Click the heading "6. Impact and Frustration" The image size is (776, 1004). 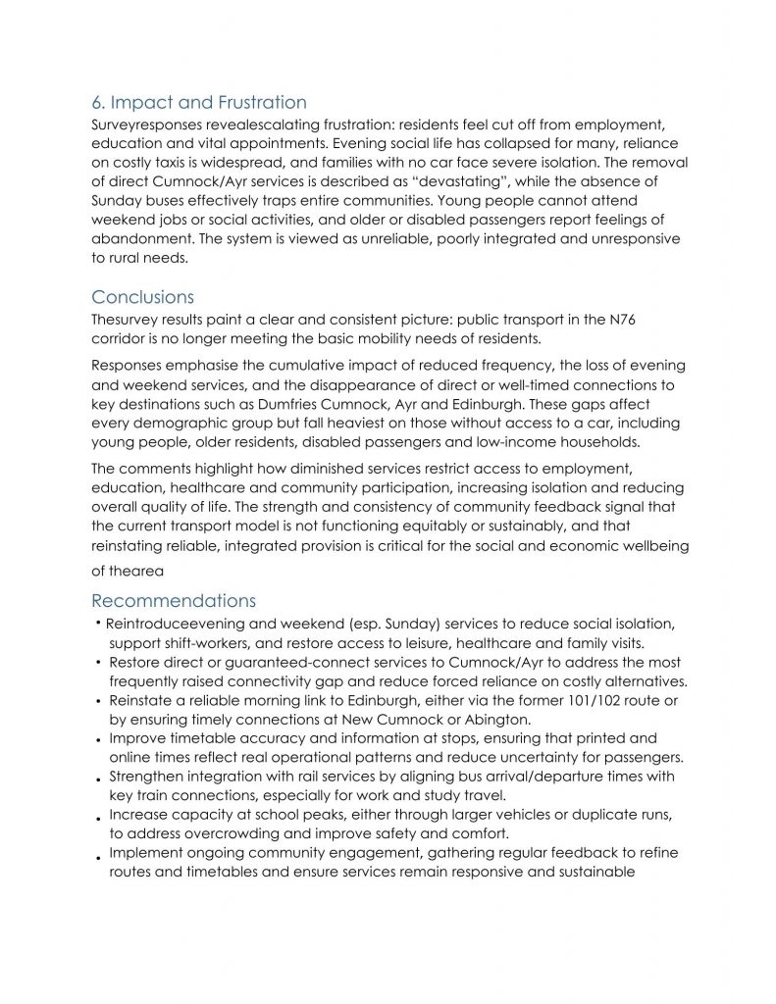pyautogui.click(x=198, y=102)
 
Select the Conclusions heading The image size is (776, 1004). pyautogui.click(x=142, y=296)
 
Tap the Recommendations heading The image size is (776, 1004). pyautogui.click(x=174, y=600)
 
